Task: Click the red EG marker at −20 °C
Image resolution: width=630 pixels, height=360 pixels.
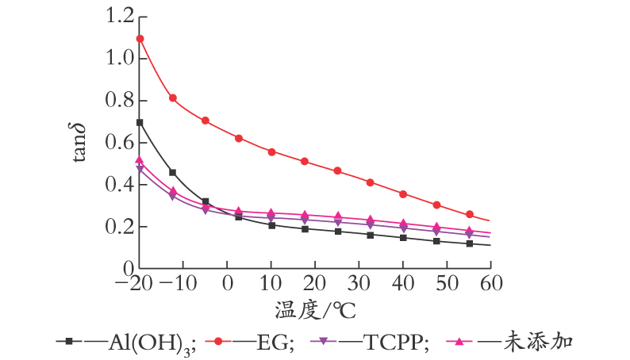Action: tap(140, 39)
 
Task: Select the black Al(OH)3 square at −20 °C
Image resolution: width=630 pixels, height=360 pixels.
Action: tap(140, 122)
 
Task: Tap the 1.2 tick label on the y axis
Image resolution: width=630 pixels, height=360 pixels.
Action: tap(119, 16)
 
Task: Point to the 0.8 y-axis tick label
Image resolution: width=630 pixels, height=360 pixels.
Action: tap(119, 101)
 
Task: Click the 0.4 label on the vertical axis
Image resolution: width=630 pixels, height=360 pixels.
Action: tap(119, 184)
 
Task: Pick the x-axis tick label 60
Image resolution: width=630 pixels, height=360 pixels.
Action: tap(491, 283)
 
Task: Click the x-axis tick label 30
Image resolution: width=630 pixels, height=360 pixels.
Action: tap(359, 283)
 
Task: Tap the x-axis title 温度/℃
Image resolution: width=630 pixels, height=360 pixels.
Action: tap(316, 310)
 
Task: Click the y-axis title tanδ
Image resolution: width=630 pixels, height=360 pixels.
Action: tap(79, 142)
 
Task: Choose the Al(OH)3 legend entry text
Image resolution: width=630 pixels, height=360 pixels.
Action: tap(152, 343)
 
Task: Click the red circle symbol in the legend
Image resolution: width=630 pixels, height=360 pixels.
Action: tap(218, 342)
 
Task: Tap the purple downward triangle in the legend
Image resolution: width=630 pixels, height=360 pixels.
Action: tap(323, 342)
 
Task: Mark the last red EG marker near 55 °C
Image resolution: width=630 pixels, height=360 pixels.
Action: tap(470, 214)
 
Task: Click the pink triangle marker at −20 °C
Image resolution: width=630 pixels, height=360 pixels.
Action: tap(140, 159)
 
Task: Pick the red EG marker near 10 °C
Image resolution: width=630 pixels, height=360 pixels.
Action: tap(271, 152)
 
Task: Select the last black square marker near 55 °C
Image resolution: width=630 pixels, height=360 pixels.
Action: tap(470, 243)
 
